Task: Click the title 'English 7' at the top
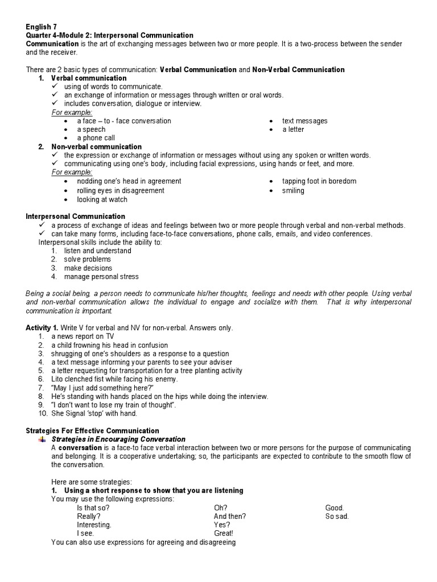[42, 27]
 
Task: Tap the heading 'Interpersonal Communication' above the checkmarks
[76, 217]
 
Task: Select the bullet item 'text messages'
[304, 121]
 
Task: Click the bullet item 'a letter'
[293, 130]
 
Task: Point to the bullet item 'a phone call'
[96, 138]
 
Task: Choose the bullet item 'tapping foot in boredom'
[319, 181]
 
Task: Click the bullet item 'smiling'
[293, 191]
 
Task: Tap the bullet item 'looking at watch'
[102, 200]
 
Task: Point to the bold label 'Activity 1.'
[43, 328]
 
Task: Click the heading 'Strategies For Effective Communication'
[93, 431]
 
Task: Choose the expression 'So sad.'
[337, 517]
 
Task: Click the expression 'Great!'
[224, 534]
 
